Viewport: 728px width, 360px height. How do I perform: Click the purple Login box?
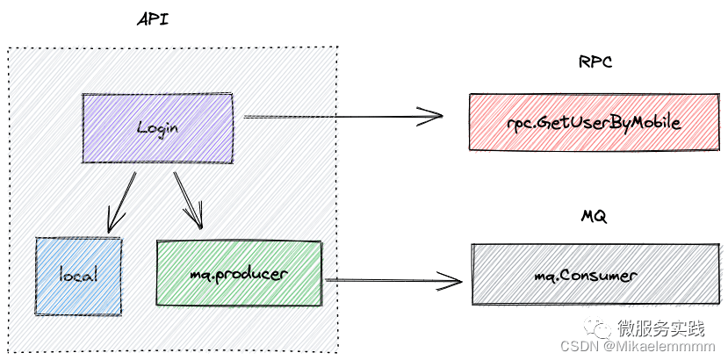tap(158, 127)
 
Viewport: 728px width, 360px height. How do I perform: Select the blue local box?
tap(77, 275)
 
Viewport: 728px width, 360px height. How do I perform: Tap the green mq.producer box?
tap(239, 273)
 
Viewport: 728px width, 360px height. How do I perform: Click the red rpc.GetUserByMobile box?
tap(594, 122)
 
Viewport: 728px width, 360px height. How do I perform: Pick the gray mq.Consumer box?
tap(595, 275)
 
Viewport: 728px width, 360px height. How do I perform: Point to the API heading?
tap(154, 19)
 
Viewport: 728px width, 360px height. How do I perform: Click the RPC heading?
tap(595, 62)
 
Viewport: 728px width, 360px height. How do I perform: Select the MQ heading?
tap(594, 216)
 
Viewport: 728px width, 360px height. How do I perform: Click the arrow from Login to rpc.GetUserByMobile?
tap(342, 115)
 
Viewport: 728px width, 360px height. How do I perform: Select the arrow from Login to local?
tap(120, 202)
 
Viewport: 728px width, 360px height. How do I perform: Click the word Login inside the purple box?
tap(158, 127)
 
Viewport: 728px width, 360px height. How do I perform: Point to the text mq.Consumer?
tap(586, 276)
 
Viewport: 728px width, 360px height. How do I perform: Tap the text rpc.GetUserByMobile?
tap(594, 123)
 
